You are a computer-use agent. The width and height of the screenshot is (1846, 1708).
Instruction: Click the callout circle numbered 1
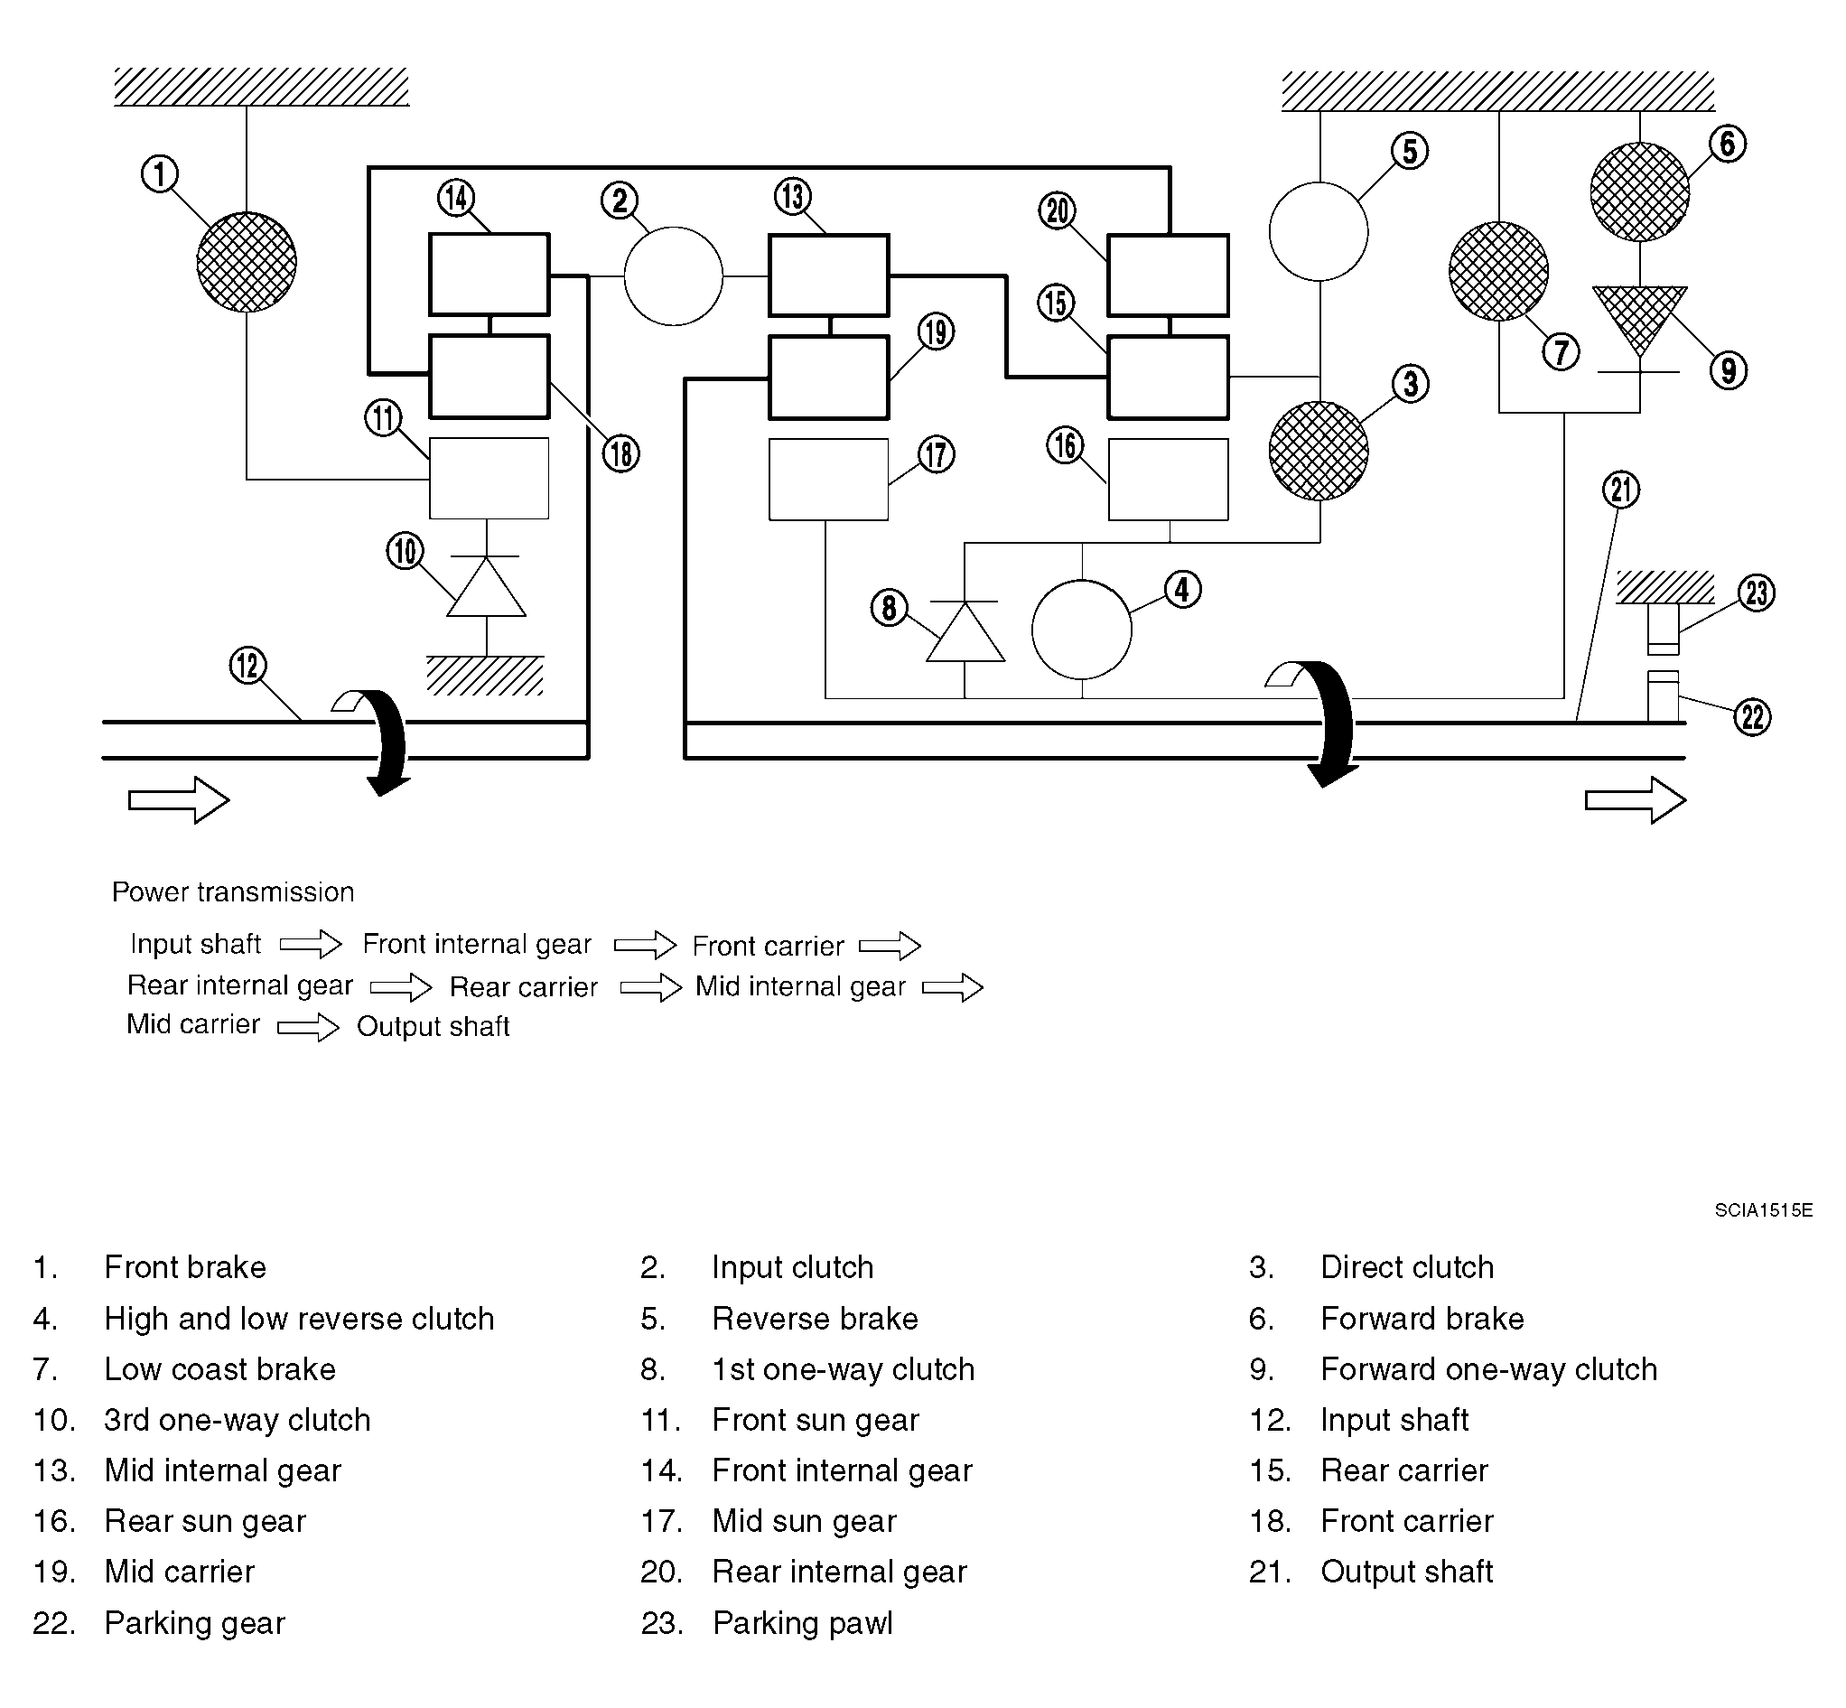[160, 173]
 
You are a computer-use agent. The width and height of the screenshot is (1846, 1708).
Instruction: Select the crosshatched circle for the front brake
[247, 262]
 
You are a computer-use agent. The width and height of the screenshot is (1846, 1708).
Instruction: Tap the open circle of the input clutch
[674, 276]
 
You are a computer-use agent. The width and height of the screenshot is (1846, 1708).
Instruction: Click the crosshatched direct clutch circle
[1319, 451]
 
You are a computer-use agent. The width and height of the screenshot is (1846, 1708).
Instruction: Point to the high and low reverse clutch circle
[1082, 630]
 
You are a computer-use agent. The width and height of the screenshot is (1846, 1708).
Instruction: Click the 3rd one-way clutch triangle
[487, 586]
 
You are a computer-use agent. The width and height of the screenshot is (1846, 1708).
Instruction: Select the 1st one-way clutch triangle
[965, 631]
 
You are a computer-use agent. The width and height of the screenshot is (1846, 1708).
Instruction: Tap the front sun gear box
[489, 478]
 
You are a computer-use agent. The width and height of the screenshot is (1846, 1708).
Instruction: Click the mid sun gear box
[829, 480]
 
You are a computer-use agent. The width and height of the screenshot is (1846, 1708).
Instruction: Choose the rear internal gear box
[1169, 275]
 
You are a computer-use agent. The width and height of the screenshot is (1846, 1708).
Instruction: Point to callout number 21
[1621, 490]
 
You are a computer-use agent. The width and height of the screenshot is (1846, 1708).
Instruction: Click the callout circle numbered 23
[1757, 593]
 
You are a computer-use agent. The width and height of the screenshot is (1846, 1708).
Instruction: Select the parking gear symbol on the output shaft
[1663, 696]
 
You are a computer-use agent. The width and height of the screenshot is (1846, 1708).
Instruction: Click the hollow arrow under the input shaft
[179, 799]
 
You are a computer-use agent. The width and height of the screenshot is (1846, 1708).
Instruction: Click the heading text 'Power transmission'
[233, 891]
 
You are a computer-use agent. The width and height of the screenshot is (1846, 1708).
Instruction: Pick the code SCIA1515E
[1764, 1209]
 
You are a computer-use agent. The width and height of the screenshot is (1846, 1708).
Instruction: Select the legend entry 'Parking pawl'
[803, 1623]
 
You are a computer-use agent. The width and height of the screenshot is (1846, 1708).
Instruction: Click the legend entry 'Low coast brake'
[219, 1368]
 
